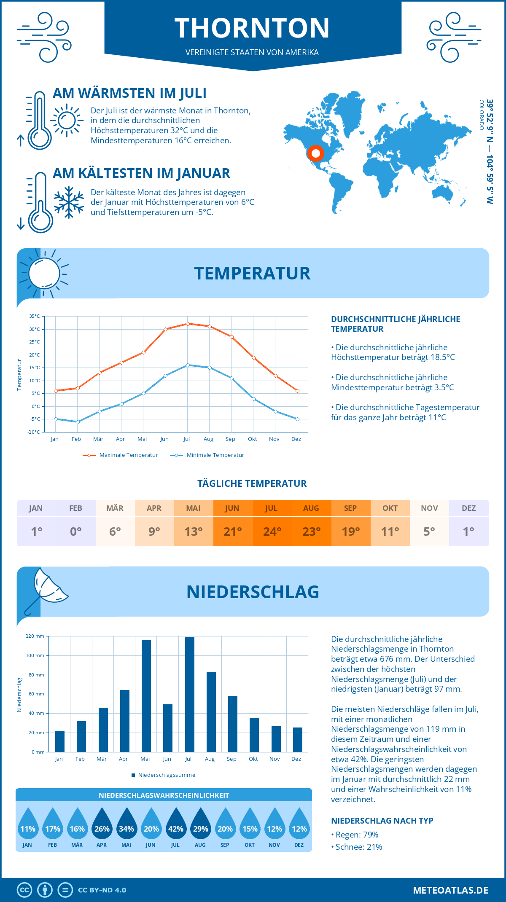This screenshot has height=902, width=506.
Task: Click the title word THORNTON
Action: pyautogui.click(x=252, y=28)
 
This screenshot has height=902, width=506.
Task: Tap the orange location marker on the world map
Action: pyautogui.click(x=315, y=153)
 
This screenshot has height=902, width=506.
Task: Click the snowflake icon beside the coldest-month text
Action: pyautogui.click(x=69, y=202)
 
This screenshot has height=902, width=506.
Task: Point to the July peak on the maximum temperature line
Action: pyautogui.click(x=188, y=324)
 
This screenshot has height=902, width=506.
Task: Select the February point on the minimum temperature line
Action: pyautogui.click(x=78, y=422)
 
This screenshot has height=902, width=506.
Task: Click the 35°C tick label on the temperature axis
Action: pyautogui.click(x=35, y=316)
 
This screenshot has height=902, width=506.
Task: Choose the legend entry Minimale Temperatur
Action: pyautogui.click(x=215, y=455)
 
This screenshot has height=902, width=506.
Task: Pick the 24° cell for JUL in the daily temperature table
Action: pyautogui.click(x=272, y=532)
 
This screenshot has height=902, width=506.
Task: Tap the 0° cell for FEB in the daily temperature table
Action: pyautogui.click(x=76, y=532)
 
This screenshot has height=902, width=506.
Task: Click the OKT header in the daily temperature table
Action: pyautogui.click(x=390, y=508)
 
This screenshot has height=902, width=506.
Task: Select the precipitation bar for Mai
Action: pyautogui.click(x=146, y=696)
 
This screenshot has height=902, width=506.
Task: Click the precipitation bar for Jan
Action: pyautogui.click(x=60, y=741)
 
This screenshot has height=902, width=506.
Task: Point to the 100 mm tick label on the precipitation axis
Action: pyautogui.click(x=35, y=655)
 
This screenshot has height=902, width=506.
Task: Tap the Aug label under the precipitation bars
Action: pyautogui.click(x=210, y=759)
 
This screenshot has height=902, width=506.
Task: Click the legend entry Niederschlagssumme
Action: pyautogui.click(x=166, y=775)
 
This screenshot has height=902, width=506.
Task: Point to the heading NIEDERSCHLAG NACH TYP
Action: pyautogui.click(x=382, y=821)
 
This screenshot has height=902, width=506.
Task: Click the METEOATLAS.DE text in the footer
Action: pyautogui.click(x=450, y=890)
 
